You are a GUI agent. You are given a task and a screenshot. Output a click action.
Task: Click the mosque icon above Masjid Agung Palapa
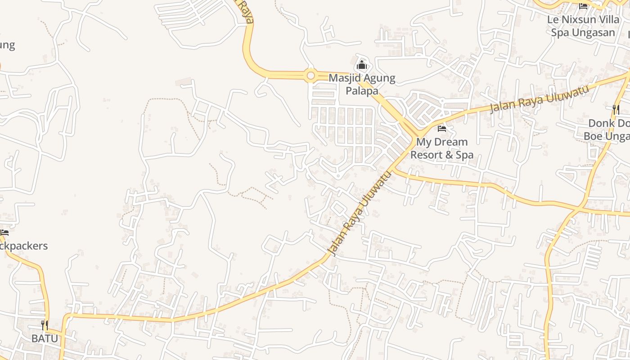click(x=361, y=65)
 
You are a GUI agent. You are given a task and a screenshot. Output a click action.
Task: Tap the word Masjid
click(x=345, y=78)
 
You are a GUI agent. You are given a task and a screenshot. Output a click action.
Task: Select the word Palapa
click(x=362, y=91)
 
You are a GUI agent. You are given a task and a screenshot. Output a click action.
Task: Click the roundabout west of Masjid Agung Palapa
click(x=310, y=76)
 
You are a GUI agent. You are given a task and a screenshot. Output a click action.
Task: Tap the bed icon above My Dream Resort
click(x=442, y=129)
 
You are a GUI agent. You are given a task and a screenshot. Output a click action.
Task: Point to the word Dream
click(x=450, y=142)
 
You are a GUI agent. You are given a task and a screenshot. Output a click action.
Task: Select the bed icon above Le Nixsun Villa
click(x=583, y=6)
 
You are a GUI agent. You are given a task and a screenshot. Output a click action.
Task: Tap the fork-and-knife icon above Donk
click(x=616, y=109)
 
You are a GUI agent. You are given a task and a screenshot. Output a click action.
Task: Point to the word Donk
click(x=603, y=123)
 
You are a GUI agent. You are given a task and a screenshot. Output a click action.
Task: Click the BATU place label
click(x=45, y=338)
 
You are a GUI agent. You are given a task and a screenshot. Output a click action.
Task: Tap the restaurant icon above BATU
click(x=45, y=325)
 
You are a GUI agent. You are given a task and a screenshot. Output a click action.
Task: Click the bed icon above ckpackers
click(x=4, y=233)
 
